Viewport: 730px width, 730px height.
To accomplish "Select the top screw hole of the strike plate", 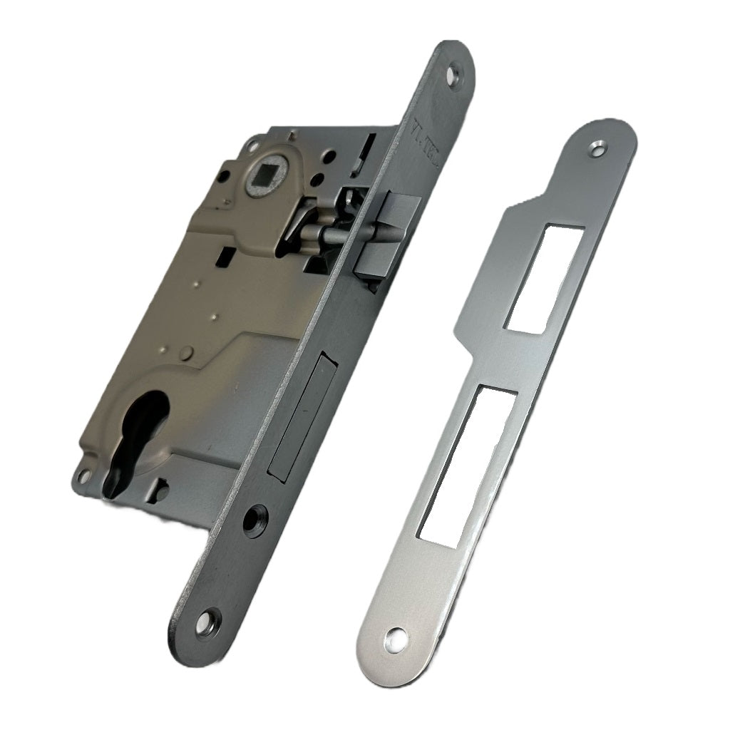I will click(596, 148).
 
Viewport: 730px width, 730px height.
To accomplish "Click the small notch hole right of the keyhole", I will click(163, 490).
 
